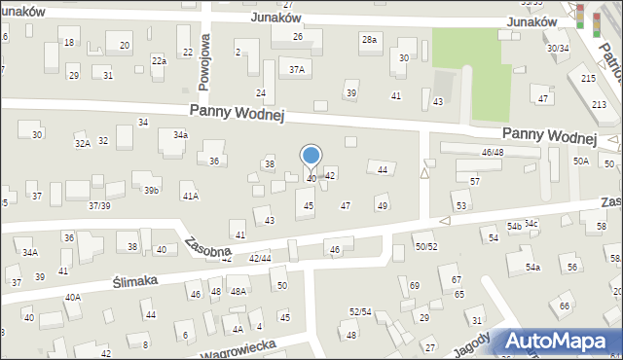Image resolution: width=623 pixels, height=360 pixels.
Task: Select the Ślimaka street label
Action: (x=136, y=276)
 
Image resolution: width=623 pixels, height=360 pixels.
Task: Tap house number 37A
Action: (x=297, y=69)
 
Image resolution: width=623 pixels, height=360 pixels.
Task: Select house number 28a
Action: (x=369, y=39)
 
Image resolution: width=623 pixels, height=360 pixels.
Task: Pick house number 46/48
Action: (x=493, y=153)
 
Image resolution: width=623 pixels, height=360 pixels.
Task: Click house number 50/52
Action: (x=426, y=247)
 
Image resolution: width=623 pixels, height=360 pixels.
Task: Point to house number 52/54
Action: (x=360, y=311)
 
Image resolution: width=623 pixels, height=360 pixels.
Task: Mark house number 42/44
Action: (x=260, y=258)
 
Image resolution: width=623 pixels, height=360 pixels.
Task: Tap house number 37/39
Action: (x=99, y=205)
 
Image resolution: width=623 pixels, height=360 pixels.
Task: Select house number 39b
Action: (x=151, y=191)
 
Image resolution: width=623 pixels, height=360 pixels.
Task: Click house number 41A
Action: (x=191, y=197)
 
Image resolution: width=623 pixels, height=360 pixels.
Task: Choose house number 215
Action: (x=588, y=78)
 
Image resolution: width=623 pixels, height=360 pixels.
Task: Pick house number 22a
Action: (x=159, y=60)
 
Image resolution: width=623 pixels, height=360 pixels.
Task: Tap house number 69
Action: (x=414, y=285)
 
